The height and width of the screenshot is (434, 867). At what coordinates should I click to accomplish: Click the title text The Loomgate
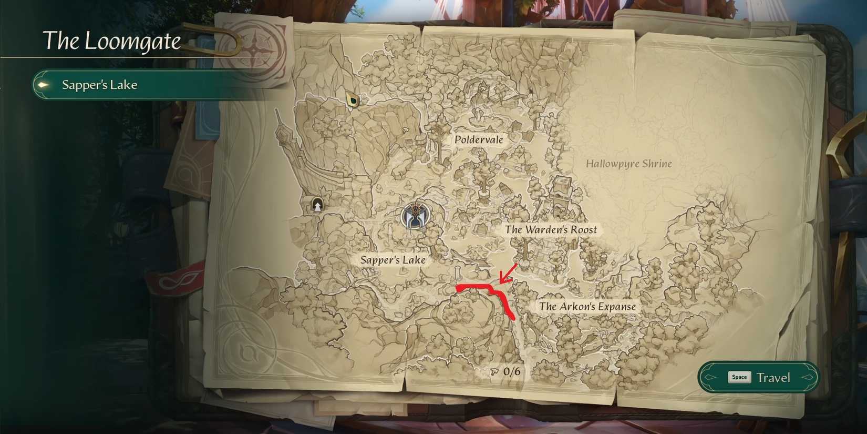(x=111, y=41)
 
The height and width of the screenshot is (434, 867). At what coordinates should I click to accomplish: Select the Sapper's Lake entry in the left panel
(x=99, y=85)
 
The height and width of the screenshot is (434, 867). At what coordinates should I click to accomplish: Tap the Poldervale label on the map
(x=479, y=139)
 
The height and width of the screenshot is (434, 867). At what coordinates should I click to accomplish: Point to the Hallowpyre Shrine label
(x=628, y=164)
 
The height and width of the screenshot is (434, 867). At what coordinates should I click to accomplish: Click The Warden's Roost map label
(x=551, y=229)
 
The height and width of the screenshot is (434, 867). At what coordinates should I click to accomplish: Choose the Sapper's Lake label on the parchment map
(x=393, y=260)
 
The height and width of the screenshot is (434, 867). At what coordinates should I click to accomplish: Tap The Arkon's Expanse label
(x=587, y=306)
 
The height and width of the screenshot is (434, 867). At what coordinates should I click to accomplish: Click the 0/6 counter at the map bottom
(x=511, y=371)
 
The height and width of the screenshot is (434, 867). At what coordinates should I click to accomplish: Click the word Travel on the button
(x=773, y=378)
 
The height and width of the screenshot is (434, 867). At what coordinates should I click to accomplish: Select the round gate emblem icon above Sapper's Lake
(x=416, y=216)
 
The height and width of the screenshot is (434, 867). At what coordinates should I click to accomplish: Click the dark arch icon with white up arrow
(x=317, y=204)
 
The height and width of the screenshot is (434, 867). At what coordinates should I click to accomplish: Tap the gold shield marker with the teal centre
(x=352, y=99)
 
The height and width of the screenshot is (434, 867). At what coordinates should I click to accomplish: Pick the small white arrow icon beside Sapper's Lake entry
(x=44, y=85)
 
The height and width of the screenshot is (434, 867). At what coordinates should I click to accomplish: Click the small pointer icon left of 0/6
(x=494, y=372)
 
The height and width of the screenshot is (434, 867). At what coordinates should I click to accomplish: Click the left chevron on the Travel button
(x=710, y=377)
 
